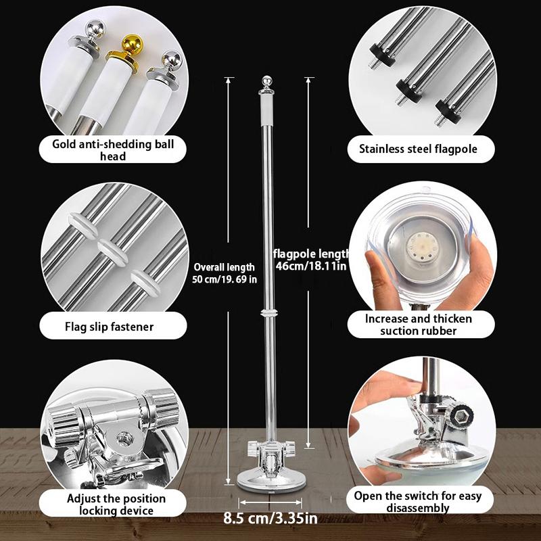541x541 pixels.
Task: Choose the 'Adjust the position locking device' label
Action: pyautogui.click(x=108, y=504)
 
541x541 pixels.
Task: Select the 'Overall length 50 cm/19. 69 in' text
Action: pyautogui.click(x=224, y=273)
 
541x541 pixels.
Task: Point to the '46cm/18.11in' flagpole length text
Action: pyautogui.click(x=313, y=266)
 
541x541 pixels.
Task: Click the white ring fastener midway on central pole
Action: pyautogui.click(x=268, y=314)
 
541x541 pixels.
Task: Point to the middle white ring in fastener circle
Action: pyautogui.click(x=110, y=245)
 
